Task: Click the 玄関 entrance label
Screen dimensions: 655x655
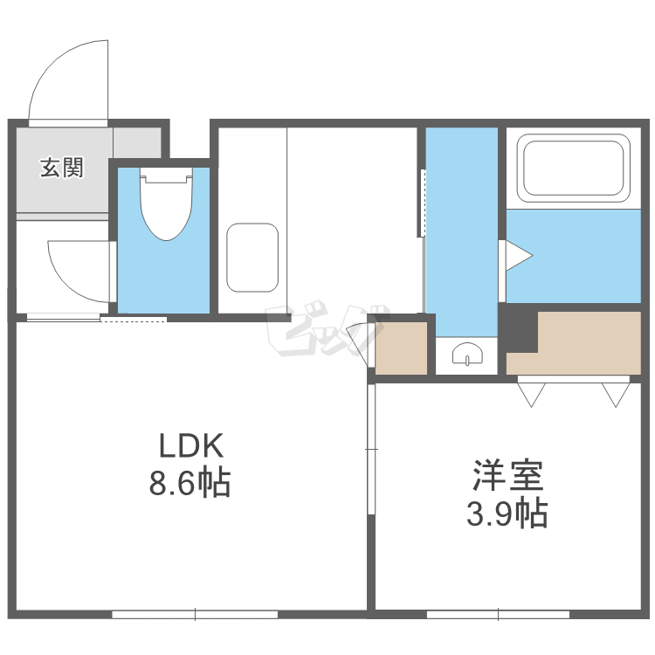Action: point(62,167)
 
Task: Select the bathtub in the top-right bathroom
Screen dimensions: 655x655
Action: point(573,168)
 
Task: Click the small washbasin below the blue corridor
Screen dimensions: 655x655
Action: point(467,355)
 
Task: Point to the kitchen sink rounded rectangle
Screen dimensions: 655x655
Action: point(252,258)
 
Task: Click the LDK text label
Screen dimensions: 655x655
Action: point(191,445)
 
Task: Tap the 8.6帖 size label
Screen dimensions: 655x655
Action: point(190,483)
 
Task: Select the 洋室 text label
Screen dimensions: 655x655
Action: point(508,475)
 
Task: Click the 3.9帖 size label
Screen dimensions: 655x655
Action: point(507,513)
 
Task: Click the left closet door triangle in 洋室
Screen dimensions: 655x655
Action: point(531,395)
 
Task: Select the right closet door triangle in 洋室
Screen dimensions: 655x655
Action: point(616,395)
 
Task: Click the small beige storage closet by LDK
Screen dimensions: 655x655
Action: point(401,348)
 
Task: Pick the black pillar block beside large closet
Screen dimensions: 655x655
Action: point(520,328)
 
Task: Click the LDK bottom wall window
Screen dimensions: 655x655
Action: point(195,615)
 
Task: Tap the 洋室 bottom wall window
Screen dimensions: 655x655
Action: point(498,615)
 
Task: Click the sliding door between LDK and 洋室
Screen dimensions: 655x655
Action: point(371,449)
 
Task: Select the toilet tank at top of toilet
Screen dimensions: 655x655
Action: point(166,175)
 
